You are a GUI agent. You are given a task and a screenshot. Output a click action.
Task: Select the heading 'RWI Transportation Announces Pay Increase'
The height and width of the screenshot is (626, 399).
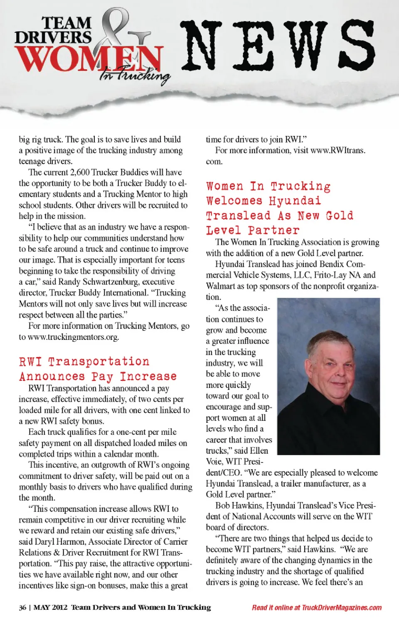98,369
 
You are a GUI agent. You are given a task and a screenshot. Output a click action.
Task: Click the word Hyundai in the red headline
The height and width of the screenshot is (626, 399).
295,201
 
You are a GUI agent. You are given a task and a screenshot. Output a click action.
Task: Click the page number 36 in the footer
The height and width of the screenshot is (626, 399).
22,607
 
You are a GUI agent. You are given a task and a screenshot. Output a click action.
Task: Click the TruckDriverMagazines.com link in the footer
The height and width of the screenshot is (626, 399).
341,607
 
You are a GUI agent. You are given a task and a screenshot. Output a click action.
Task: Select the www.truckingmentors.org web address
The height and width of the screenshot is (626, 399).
73,337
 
